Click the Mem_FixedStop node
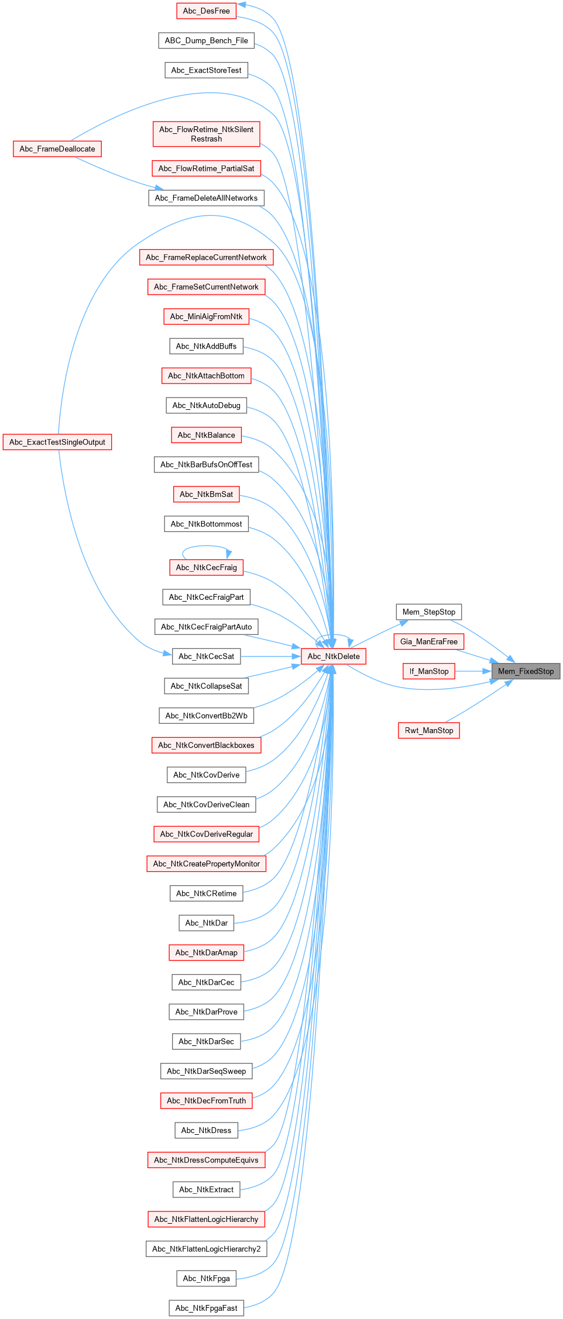pos(526,671)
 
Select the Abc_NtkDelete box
pos(334,657)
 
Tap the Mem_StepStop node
pos(428,612)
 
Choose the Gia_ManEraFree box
pos(428,642)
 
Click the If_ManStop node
pos(428,671)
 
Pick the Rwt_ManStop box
pos(428,731)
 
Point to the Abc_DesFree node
pos(206,11)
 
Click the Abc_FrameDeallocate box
pos(57,149)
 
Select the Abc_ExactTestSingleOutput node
pos(57,442)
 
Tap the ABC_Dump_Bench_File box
pos(206,41)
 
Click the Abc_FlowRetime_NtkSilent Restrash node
pos(206,134)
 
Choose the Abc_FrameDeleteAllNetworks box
pos(206,198)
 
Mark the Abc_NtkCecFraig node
pos(206,568)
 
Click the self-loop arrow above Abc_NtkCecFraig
pos(206,546)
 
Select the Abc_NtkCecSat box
pos(206,657)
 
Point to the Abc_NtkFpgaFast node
pos(206,1308)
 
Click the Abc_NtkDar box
pos(206,923)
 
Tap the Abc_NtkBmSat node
pos(206,495)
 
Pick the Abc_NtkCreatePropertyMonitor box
pos(206,864)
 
